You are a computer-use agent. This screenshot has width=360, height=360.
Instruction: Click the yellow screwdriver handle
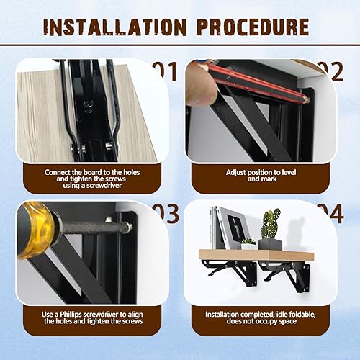36,230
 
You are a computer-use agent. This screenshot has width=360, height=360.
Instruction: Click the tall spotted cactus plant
271,224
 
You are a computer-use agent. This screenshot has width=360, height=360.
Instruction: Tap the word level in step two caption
289,172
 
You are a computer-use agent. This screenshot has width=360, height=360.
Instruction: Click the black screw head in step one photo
86,105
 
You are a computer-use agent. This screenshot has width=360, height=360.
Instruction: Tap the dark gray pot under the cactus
270,244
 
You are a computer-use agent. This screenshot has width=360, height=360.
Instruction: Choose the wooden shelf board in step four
256,255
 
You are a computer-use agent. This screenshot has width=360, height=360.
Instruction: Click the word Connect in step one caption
57,172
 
